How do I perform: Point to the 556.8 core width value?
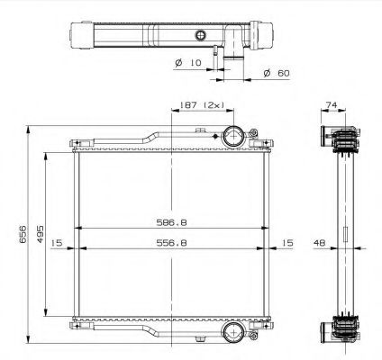168,243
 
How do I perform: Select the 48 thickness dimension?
321,243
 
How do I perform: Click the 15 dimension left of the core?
56,243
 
